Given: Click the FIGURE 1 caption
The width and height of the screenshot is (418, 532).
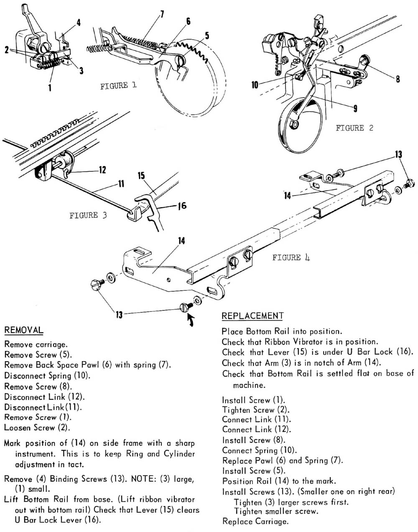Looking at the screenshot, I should click(x=118, y=86).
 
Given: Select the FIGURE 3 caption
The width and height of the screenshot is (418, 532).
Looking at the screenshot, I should click(x=88, y=216).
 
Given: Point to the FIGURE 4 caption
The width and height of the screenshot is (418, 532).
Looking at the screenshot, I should click(x=291, y=258).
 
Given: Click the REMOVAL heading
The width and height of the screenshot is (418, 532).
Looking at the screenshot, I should click(x=23, y=330).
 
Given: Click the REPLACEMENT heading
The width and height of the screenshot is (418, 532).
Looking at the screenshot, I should click(x=252, y=316).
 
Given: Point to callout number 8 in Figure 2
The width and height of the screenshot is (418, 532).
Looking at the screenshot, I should click(x=398, y=78).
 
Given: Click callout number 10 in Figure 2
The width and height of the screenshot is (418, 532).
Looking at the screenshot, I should click(x=255, y=85).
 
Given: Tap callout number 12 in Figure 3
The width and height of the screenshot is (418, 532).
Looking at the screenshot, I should click(x=102, y=170).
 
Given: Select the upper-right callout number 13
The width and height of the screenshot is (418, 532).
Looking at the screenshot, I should click(x=398, y=155).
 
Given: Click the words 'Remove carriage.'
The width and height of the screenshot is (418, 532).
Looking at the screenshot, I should click(x=36, y=345).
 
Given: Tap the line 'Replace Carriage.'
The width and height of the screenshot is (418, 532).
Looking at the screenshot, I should click(x=255, y=522).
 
